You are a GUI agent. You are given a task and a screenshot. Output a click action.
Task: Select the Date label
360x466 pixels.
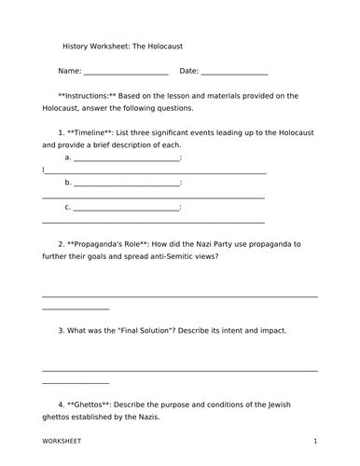pos(188,71)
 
